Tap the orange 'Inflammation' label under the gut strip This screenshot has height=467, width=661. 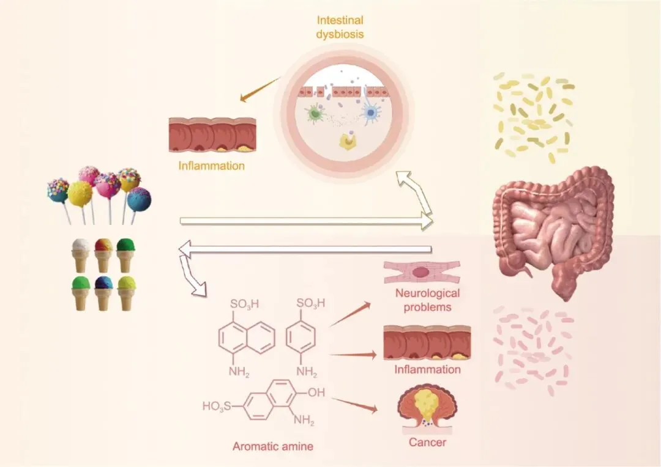tap(212, 166)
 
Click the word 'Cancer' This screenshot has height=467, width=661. tap(428, 442)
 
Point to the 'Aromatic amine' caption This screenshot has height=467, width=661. tap(273, 446)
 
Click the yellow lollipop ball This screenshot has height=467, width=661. tap(80, 194)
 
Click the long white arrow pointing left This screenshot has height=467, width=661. tap(306, 248)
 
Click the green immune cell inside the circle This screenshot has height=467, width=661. tap(315, 113)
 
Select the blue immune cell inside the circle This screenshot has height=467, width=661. tap(370, 112)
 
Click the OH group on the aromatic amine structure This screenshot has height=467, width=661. tap(316, 392)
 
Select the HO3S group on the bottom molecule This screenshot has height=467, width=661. tap(217, 405)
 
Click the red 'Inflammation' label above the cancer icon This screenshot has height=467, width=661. tap(427, 369)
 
